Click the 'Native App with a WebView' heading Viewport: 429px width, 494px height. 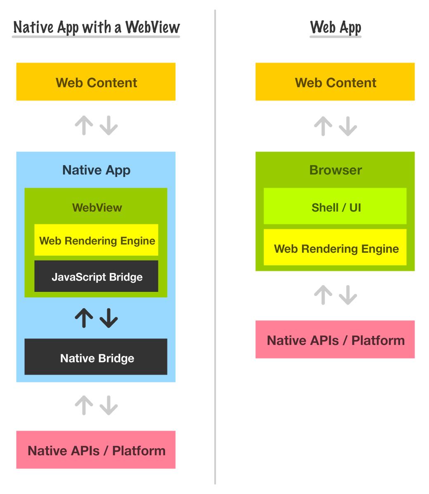[x=97, y=28]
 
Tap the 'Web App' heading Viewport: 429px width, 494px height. [x=335, y=28]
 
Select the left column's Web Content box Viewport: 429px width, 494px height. [x=96, y=82]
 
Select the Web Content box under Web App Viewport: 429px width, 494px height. [x=335, y=82]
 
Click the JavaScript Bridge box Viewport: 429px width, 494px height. [x=96, y=277]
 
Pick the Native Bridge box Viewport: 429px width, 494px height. [x=96, y=357]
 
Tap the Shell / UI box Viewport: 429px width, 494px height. [x=335, y=207]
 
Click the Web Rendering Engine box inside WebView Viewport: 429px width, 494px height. [x=96, y=240]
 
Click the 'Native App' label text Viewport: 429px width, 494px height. [x=96, y=170]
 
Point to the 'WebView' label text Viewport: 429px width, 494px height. [x=97, y=207]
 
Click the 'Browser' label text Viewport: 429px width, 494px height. [x=335, y=170]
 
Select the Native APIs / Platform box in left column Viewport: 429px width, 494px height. [x=96, y=450]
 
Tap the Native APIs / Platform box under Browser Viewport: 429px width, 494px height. [x=335, y=340]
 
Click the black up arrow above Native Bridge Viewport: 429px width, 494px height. [x=84, y=318]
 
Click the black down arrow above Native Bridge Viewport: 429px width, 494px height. [x=108, y=318]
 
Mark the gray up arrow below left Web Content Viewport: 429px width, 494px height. [x=84, y=125]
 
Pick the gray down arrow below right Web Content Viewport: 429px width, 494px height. [x=348, y=126]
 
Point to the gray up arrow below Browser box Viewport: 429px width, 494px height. [x=323, y=295]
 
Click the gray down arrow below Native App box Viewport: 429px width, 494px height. [x=108, y=405]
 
